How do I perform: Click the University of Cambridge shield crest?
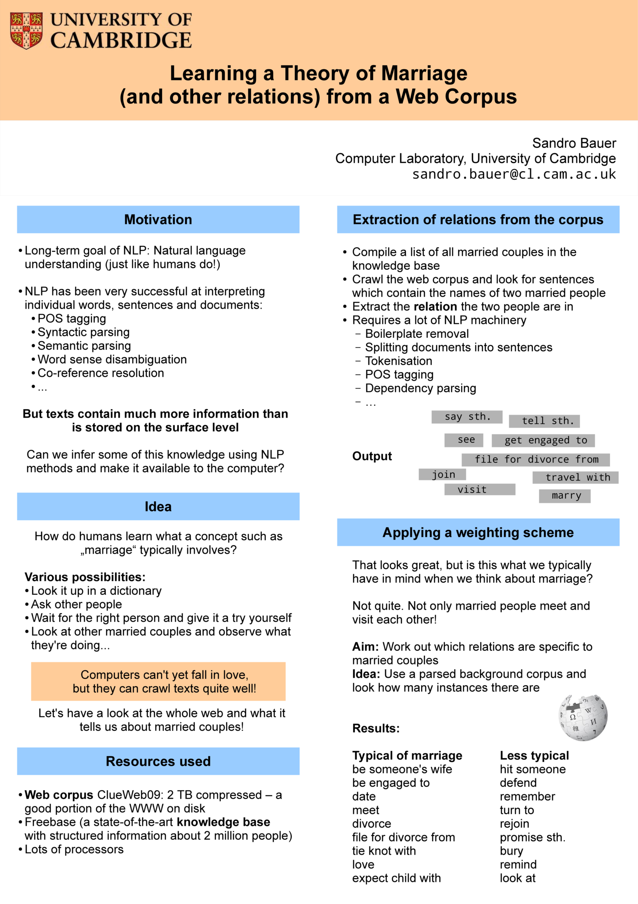pos(27,30)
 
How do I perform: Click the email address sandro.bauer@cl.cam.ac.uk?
pos(514,174)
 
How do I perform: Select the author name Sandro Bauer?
pos(574,143)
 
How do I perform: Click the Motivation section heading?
pos(158,220)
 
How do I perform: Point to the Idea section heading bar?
pos(158,507)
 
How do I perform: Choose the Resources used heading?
pos(158,761)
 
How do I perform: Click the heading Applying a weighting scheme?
pos(478,532)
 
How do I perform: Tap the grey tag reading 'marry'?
pos(565,496)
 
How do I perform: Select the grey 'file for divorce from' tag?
pos(536,460)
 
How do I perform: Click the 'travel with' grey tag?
pos(576,477)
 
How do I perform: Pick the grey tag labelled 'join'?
pos(442,475)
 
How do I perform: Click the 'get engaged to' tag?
pos(544,440)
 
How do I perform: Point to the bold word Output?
pos(372,456)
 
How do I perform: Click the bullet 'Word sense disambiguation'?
pos(112,359)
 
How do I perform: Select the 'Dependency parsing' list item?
pos(420,388)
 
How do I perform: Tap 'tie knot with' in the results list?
pos(384,851)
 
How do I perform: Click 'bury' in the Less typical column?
pos(511,851)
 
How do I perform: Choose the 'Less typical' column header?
pos(534,755)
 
